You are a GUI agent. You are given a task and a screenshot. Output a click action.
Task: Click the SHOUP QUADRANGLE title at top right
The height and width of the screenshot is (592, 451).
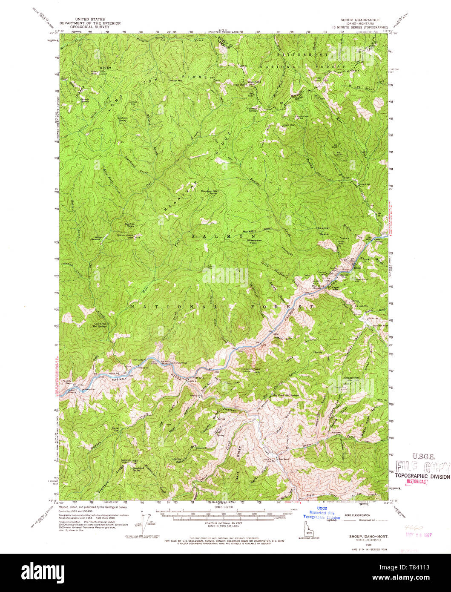(359, 20)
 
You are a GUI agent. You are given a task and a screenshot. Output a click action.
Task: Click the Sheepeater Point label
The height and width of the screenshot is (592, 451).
(255, 243)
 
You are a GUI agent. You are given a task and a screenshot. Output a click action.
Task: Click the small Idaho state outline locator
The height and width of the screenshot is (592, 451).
(309, 526)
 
